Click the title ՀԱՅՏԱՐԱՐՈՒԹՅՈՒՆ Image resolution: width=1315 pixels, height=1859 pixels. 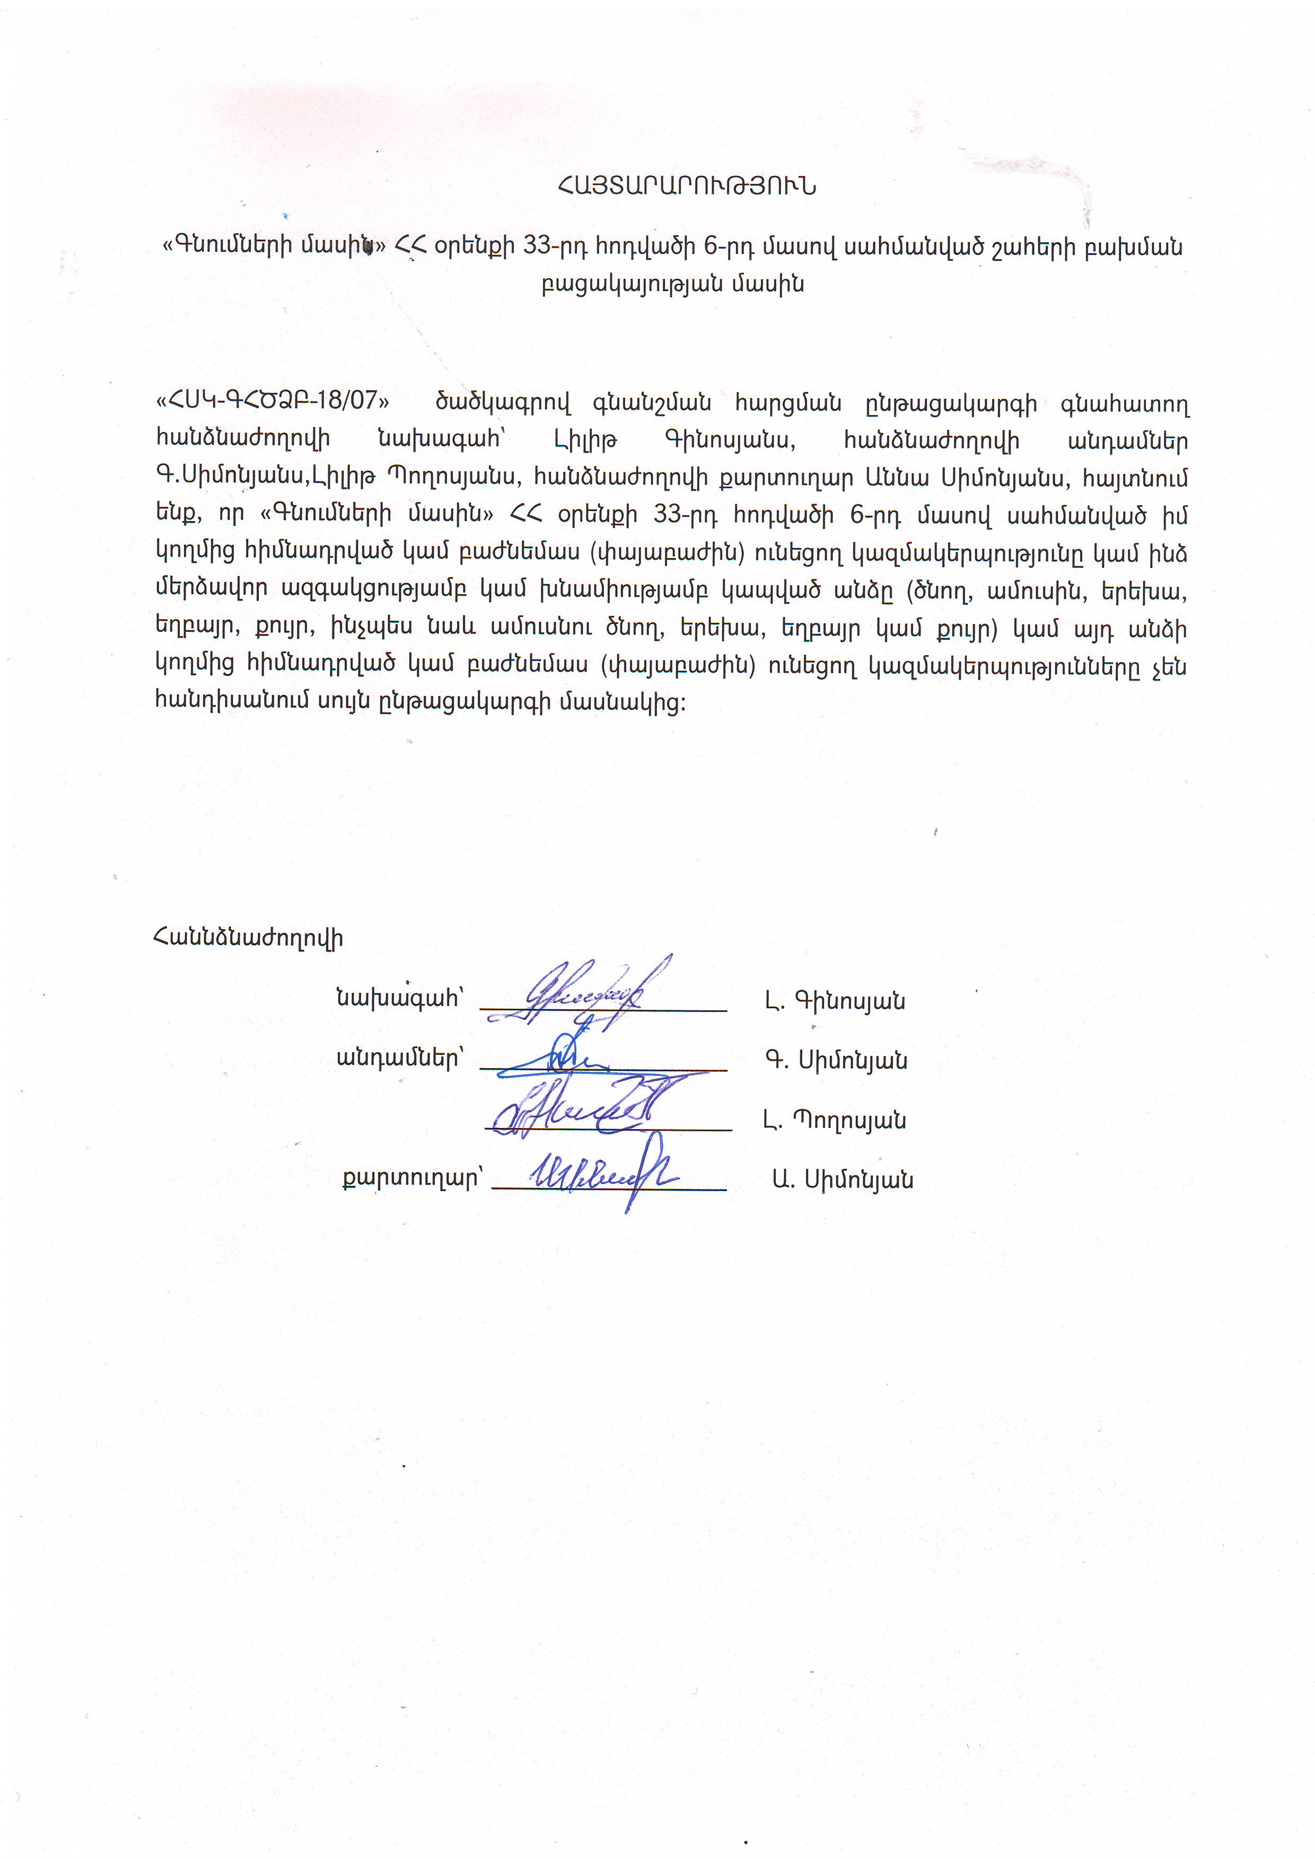pos(687,186)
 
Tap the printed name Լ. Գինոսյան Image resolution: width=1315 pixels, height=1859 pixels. pos(835,1001)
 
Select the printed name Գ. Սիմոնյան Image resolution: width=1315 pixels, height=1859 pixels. pos(836,1061)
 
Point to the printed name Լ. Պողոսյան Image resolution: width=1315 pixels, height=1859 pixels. pos(834,1121)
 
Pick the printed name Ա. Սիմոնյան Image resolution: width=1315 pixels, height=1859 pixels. pos(842,1180)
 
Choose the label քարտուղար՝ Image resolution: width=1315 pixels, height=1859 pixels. pos(412,1178)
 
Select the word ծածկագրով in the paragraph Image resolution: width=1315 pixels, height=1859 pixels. pos(503,402)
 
